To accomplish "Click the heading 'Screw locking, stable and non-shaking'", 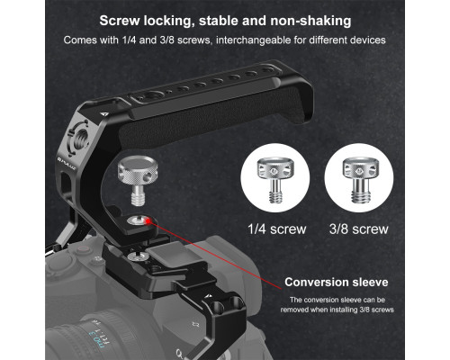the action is (x=225, y=21).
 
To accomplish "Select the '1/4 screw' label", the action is (x=276, y=229).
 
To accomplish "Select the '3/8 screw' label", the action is (x=359, y=229).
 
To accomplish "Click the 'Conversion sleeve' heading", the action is (x=337, y=282).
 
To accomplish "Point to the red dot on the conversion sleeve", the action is (x=148, y=221).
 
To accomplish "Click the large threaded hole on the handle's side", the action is (x=78, y=139).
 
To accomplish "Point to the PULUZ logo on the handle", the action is (x=67, y=164).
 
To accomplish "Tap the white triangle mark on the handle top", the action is (x=103, y=113).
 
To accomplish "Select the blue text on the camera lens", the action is (x=95, y=334).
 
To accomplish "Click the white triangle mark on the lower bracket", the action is (x=209, y=296).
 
